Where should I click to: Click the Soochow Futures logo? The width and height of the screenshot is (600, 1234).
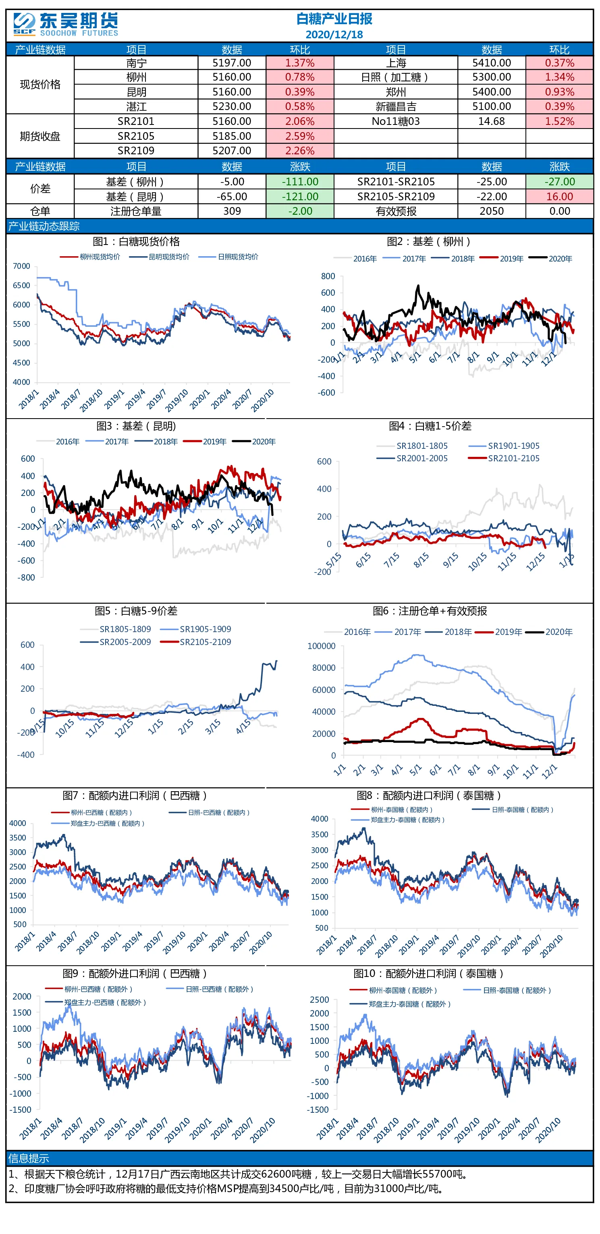[x=66, y=25]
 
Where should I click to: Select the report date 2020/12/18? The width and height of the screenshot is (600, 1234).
[x=334, y=35]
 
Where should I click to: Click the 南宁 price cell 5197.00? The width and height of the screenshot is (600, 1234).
[x=232, y=63]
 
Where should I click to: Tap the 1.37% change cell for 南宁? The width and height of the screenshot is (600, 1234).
[x=300, y=63]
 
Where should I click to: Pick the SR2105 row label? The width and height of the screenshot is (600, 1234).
[x=136, y=136]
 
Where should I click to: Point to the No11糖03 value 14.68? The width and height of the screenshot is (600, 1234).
[x=492, y=121]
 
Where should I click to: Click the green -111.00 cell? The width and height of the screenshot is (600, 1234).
[x=300, y=182]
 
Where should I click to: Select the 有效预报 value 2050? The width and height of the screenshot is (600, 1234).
[x=492, y=211]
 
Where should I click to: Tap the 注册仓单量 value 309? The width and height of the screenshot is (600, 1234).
[x=232, y=211]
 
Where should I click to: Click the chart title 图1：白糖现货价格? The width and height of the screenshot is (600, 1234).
[x=136, y=241]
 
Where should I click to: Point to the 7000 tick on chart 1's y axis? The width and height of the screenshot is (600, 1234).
[x=22, y=266]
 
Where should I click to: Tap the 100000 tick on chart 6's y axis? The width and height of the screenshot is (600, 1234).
[x=322, y=646]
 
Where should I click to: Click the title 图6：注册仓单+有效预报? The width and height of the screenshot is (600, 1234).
[x=430, y=611]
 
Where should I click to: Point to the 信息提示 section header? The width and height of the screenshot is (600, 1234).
[x=29, y=1158]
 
